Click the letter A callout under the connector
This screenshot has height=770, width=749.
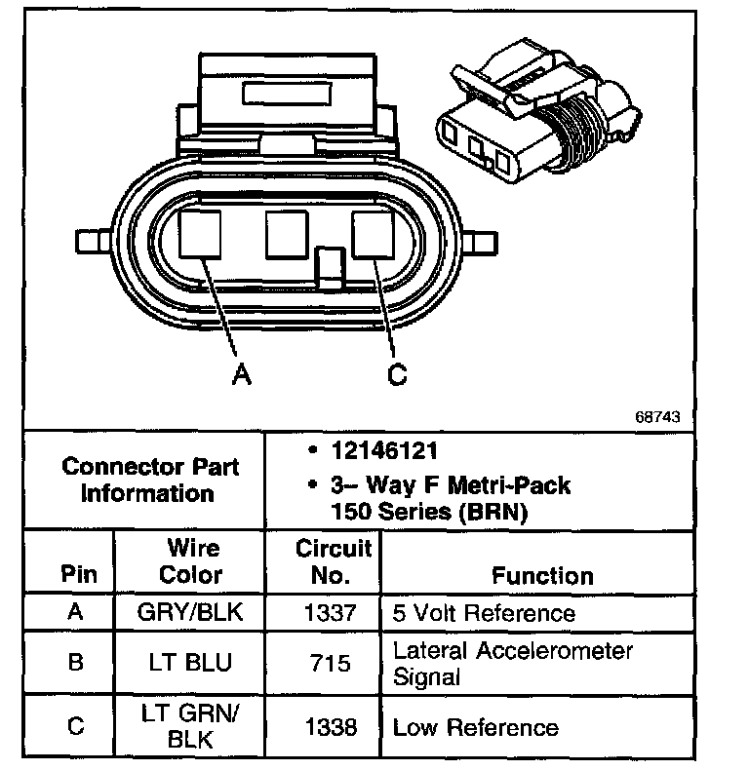pyautogui.click(x=241, y=374)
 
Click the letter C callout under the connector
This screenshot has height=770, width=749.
pyautogui.click(x=396, y=374)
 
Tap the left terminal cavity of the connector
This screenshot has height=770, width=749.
pyautogui.click(x=202, y=236)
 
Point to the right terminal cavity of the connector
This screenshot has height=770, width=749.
pyautogui.click(x=374, y=236)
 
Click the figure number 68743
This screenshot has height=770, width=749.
pyautogui.click(x=657, y=416)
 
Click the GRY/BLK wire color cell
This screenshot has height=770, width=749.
pyautogui.click(x=191, y=613)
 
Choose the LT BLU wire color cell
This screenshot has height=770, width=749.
pyautogui.click(x=191, y=663)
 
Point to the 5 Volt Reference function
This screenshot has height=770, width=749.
pyautogui.click(x=484, y=613)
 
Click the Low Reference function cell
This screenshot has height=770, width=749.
pyautogui.click(x=475, y=727)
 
